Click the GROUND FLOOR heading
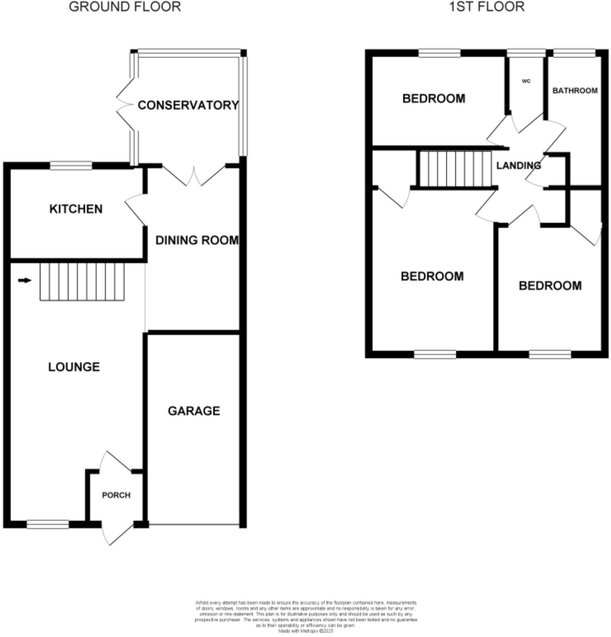tap(125, 7)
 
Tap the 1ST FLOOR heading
tap(487, 7)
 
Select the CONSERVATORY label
tap(188, 105)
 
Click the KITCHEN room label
tap(76, 209)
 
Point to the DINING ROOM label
tap(197, 240)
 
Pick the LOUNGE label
tap(74, 367)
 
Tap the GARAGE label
tap(194, 411)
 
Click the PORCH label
tap(116, 495)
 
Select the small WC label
tap(526, 81)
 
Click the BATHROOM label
tap(575, 90)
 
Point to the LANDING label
tap(519, 165)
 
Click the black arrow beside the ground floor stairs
tap(25, 281)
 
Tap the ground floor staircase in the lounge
tap(82, 282)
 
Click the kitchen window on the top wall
tap(71, 165)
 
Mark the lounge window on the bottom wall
tap(48, 524)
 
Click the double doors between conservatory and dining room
tap(194, 175)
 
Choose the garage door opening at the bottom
tap(194, 525)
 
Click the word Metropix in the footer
tap(309, 631)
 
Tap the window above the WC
tap(526, 53)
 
